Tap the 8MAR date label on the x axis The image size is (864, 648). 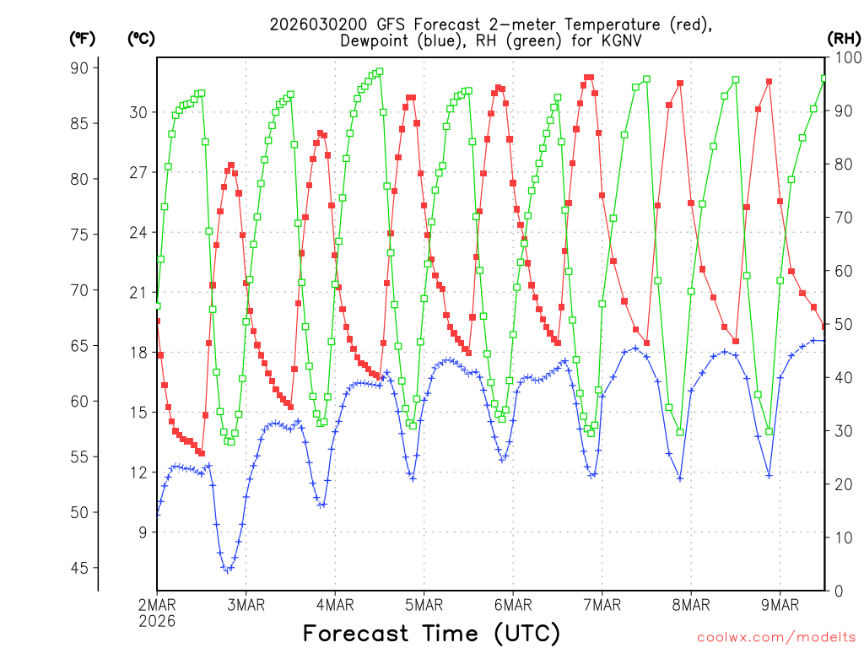tap(691, 604)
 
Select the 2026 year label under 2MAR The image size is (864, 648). tap(158, 621)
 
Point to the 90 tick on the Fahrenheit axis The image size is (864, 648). tap(84, 67)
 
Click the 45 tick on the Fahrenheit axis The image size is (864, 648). tap(84, 568)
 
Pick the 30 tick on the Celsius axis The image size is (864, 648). tap(139, 112)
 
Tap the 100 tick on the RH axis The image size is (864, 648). tap(844, 57)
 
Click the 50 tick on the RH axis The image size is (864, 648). tap(840, 324)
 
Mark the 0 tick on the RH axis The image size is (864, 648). tap(837, 591)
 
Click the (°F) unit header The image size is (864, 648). tap(83, 38)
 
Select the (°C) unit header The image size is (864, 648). tap(140, 38)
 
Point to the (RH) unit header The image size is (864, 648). tap(844, 38)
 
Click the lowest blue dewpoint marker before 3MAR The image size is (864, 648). tap(227, 570)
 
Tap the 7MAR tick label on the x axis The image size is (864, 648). tap(602, 604)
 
